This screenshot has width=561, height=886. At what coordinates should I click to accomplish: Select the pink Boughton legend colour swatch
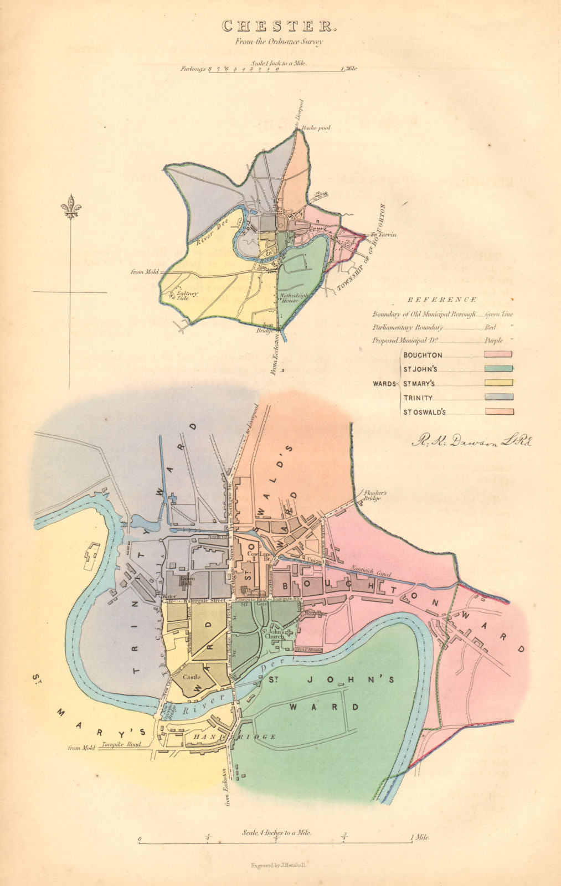[498, 354]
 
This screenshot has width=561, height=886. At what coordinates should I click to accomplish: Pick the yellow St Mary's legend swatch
[498, 383]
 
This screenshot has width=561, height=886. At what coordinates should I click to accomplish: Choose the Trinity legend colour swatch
[498, 397]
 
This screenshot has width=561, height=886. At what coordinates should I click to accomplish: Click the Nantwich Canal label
[369, 568]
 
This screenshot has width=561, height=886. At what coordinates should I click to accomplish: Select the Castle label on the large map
[192, 677]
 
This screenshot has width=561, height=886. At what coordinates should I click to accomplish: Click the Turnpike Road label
[121, 745]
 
